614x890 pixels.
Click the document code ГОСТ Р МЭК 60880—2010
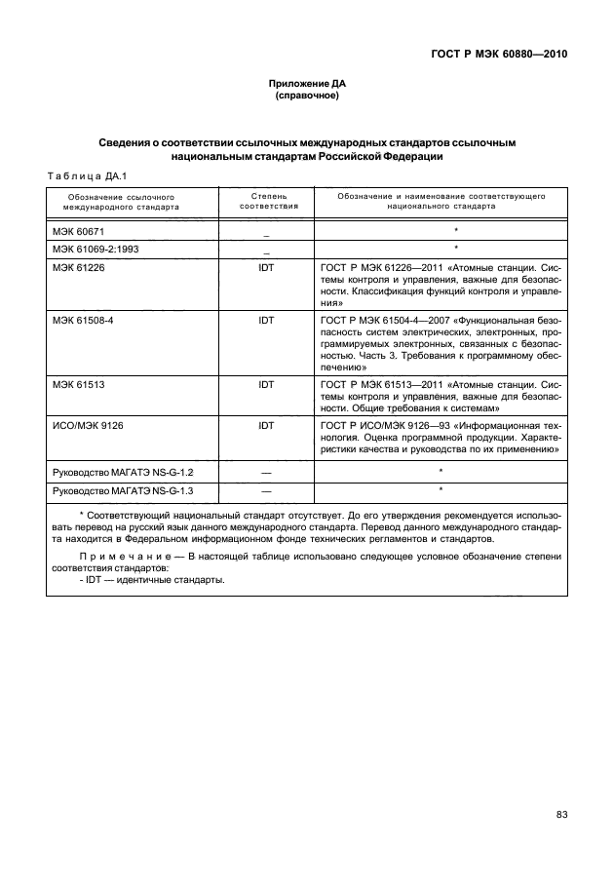click(x=498, y=55)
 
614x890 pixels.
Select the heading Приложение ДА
click(x=307, y=85)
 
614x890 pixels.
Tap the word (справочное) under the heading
click(x=307, y=97)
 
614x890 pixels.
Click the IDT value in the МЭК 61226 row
click(x=266, y=266)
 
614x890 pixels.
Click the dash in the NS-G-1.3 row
click(x=266, y=490)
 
